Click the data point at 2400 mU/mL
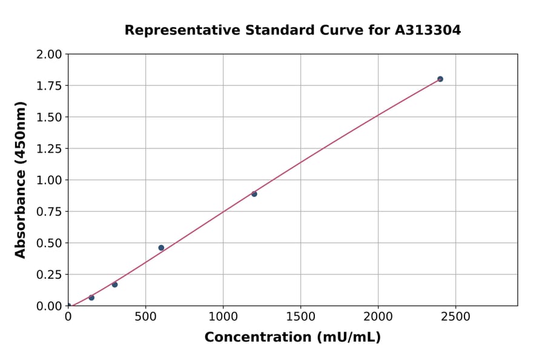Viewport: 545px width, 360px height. pyautogui.click(x=440, y=79)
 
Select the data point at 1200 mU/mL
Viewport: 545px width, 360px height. pyautogui.click(x=254, y=194)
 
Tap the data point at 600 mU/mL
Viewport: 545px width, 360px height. pyautogui.click(x=161, y=248)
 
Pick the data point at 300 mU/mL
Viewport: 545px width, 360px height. pyautogui.click(x=114, y=284)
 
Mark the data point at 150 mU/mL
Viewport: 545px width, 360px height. pyautogui.click(x=91, y=298)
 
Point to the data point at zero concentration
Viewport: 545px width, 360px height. pyautogui.click(x=68, y=306)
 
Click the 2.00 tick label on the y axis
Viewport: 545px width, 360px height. pyautogui.click(x=49, y=55)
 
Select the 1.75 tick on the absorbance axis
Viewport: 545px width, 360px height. pyautogui.click(x=49, y=85)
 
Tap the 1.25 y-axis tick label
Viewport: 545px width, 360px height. pyautogui.click(x=49, y=148)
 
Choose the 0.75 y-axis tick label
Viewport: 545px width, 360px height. pyautogui.click(x=49, y=212)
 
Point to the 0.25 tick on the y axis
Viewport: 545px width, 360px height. pyautogui.click(x=49, y=275)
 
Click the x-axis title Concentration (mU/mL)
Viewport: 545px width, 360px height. pyautogui.click(x=292, y=338)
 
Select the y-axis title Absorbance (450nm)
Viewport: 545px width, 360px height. pyautogui.click(x=21, y=179)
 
